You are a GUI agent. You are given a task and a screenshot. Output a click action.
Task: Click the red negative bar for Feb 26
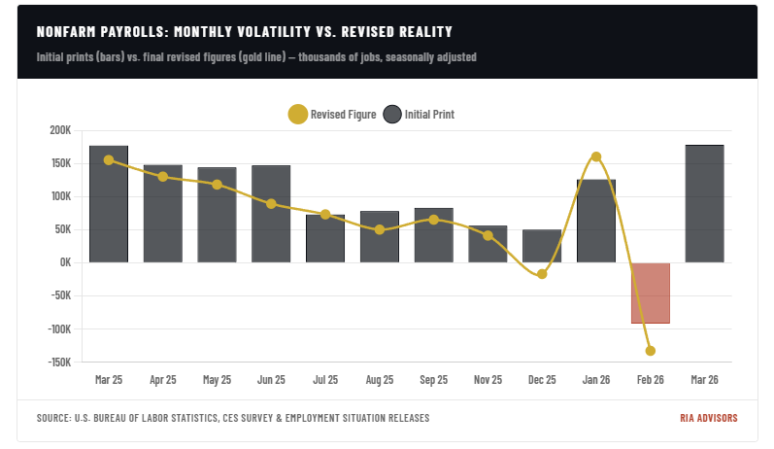650,293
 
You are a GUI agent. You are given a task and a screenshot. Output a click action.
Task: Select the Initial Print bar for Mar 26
704,203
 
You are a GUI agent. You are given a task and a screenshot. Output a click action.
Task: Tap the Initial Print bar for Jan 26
596,221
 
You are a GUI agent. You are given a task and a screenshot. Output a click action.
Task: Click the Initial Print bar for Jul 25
325,238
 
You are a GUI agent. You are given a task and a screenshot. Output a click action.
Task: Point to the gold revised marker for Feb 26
650,351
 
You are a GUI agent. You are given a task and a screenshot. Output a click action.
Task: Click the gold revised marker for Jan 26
596,156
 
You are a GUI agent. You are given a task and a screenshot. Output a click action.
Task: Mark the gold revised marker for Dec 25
542,274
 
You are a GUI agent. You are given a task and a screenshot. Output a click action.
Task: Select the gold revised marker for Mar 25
109,159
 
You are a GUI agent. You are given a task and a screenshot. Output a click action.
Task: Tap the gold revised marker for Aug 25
380,230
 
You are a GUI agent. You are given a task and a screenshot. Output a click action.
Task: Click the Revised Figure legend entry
332,115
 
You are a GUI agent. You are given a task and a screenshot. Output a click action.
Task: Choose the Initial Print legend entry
420,115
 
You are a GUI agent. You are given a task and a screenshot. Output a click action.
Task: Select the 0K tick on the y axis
64,262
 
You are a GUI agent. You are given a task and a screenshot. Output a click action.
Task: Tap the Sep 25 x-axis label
433,380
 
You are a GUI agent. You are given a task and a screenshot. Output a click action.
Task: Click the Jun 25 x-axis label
271,380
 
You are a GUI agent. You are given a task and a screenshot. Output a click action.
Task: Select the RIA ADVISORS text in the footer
708,418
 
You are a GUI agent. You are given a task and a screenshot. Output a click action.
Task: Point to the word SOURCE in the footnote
53,418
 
